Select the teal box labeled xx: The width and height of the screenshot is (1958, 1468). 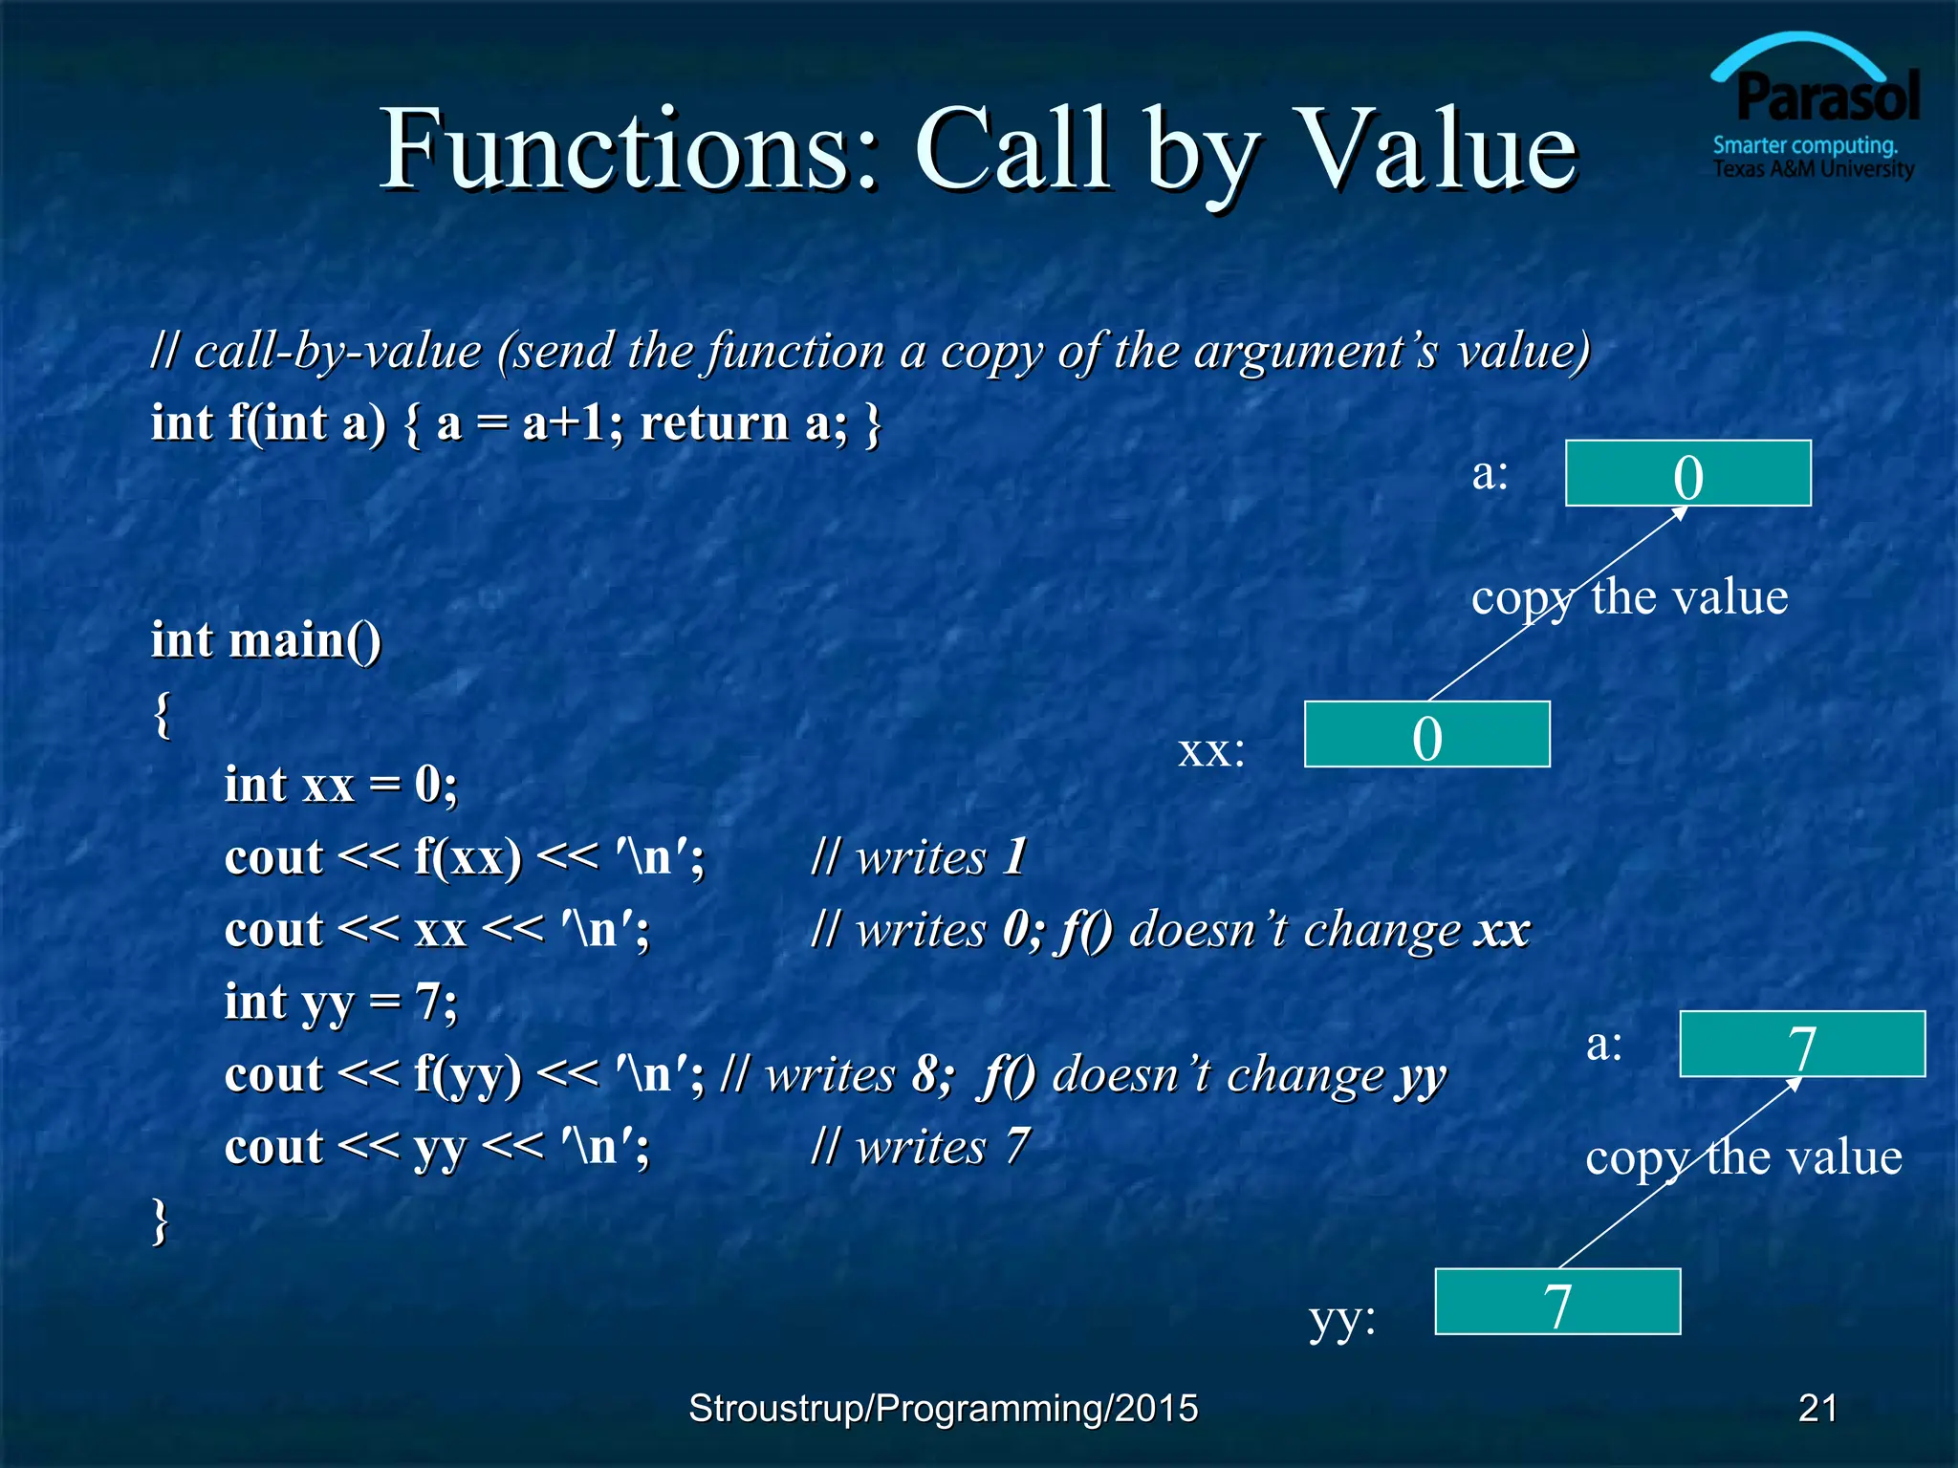[1426, 735]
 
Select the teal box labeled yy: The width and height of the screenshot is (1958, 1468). [1557, 1302]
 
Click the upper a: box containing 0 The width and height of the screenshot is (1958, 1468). [1687, 474]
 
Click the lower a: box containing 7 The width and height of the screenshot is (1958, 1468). [1802, 1045]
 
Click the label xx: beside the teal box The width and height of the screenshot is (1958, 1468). [1211, 751]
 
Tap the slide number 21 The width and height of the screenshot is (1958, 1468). [1817, 1408]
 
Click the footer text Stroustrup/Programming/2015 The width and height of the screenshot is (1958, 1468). [943, 1408]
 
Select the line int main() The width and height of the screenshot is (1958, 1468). [266, 640]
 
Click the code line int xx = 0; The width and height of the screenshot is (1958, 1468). [340, 785]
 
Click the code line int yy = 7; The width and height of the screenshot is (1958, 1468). [340, 1003]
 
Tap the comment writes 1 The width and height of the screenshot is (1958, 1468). [918, 856]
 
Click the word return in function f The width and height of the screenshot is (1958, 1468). [713, 422]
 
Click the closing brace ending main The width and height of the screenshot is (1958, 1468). [161, 1220]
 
